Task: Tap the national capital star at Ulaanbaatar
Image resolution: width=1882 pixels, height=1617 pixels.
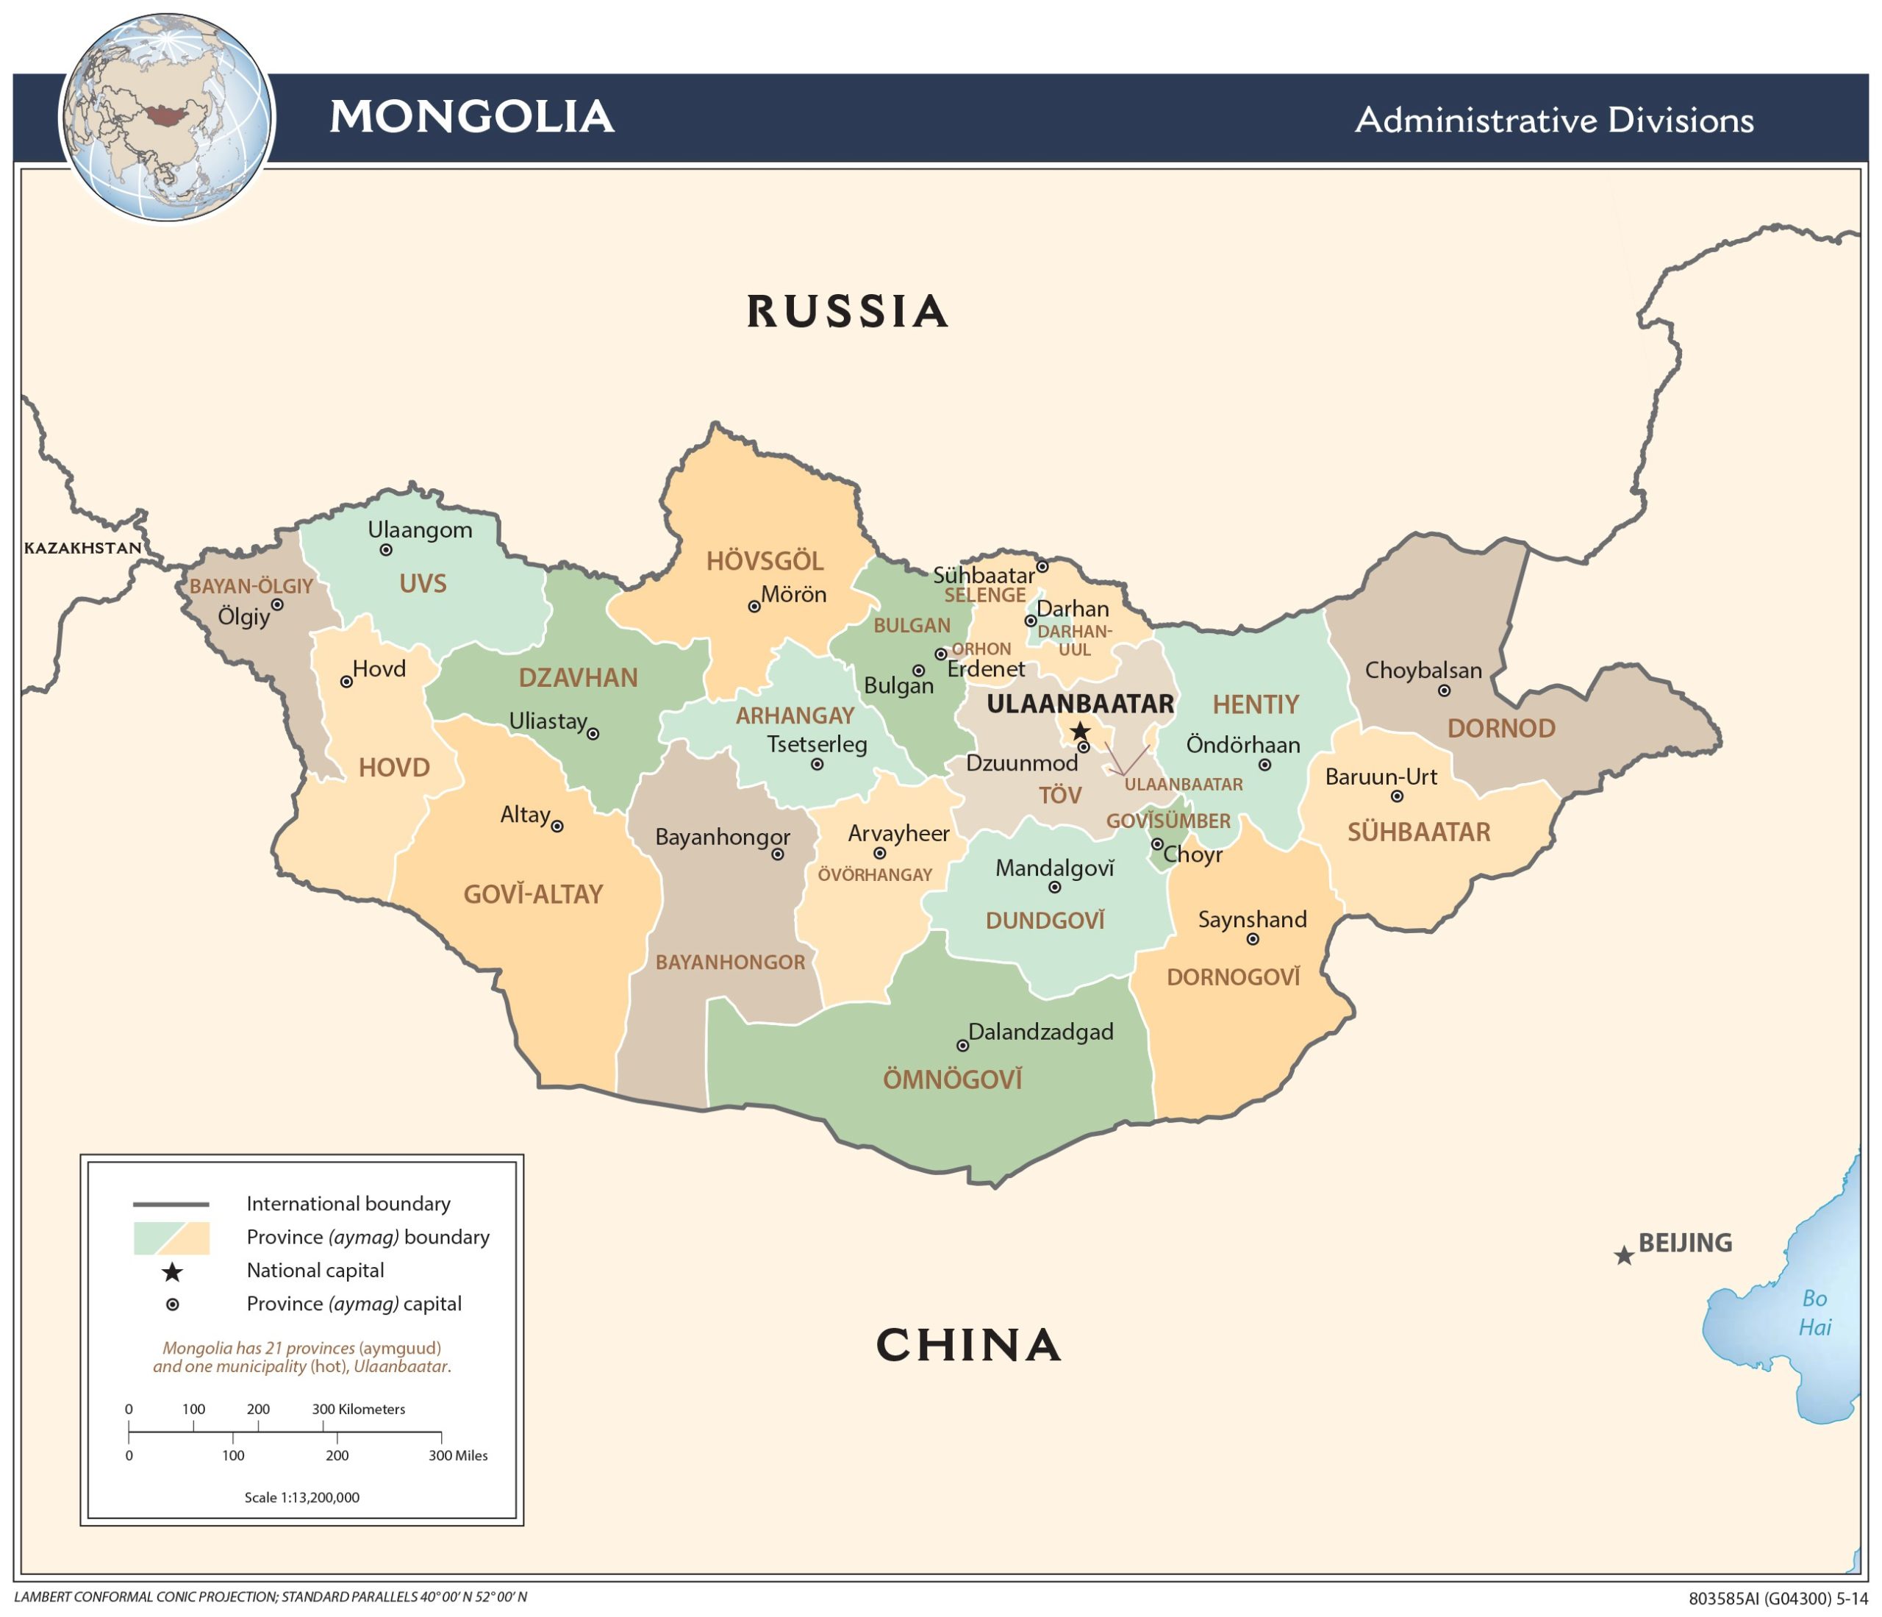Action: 1079,731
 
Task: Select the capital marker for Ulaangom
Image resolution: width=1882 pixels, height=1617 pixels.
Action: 386,549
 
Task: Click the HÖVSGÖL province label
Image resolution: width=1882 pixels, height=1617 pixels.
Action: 765,561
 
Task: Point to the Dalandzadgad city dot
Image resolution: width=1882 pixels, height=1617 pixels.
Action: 963,1046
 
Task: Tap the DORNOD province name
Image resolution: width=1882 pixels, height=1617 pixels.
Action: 1501,729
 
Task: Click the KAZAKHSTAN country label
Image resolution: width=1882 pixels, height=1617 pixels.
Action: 82,548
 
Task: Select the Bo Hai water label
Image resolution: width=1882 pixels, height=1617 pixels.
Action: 1815,1313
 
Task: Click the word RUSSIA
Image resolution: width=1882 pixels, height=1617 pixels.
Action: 848,312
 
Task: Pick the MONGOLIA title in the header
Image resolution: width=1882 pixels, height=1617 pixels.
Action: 471,117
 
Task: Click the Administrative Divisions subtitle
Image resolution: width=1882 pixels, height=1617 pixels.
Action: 1554,120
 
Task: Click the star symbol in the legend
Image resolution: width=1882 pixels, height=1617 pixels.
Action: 172,1273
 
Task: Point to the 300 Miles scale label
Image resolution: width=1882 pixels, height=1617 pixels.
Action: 458,1455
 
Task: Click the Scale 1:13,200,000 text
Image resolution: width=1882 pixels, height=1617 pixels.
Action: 301,1497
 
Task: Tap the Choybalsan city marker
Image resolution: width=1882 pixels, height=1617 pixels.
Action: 1444,690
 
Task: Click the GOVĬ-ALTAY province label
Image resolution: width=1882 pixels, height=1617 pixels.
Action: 533,895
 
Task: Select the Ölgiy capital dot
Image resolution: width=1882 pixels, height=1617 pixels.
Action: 278,605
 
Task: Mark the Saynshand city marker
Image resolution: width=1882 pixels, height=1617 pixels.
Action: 1253,939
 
